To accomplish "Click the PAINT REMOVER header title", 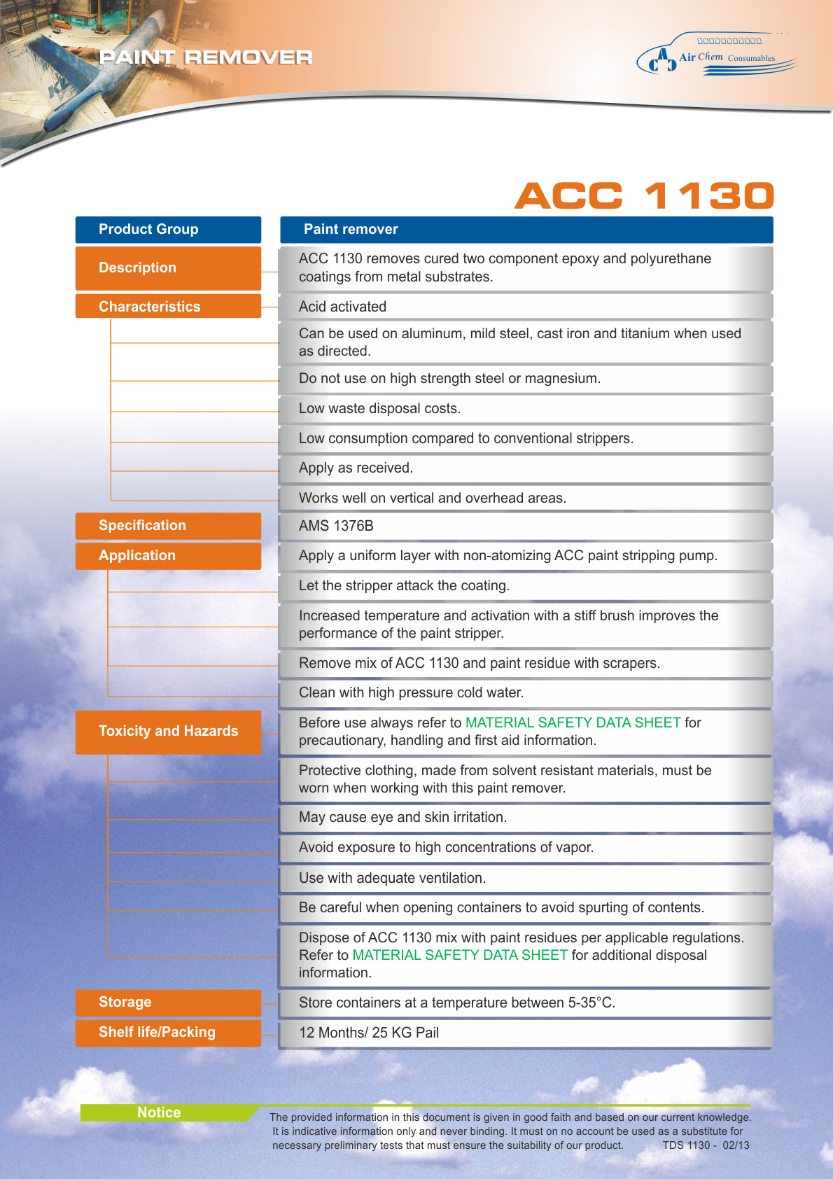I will click(x=206, y=57).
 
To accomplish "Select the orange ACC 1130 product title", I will click(x=644, y=195).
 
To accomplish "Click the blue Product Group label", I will click(x=168, y=230).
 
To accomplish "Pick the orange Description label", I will click(x=168, y=268).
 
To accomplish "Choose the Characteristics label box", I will click(x=168, y=307).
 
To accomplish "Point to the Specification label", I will click(x=168, y=526).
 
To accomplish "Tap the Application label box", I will click(x=168, y=556).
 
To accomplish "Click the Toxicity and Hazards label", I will click(x=168, y=732).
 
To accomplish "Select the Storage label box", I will click(x=168, y=1003).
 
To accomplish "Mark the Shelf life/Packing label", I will click(x=168, y=1033).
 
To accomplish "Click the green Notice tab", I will click(x=160, y=1112).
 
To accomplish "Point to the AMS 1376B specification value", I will click(x=336, y=526).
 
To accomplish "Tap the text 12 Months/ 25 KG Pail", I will click(x=369, y=1033).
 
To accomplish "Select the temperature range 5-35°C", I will click(x=591, y=1003).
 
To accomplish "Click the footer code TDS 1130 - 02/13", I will click(x=706, y=1145).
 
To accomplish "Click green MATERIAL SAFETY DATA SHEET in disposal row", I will click(x=460, y=955).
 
